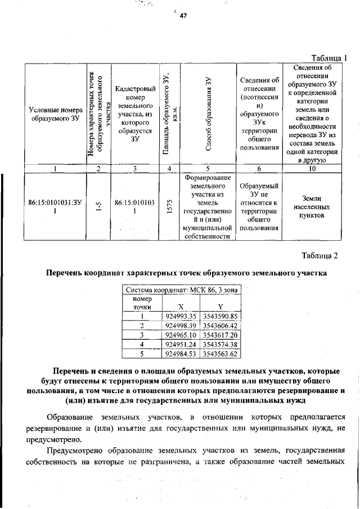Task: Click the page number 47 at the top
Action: [183, 16]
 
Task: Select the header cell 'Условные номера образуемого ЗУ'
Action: [55, 114]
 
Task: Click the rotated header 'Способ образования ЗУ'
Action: [208, 114]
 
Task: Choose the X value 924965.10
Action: [181, 335]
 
